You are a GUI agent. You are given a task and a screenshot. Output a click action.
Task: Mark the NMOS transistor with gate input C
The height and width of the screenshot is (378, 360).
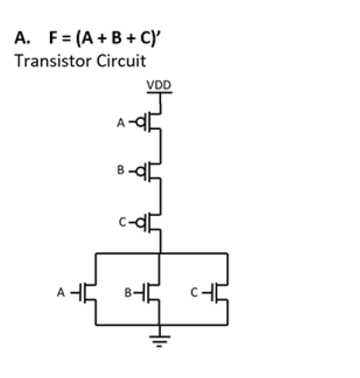pos(220,291)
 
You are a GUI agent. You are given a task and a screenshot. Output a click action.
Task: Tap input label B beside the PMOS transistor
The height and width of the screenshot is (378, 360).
pos(121,170)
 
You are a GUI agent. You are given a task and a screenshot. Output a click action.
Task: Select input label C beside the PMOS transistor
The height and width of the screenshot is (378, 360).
pos(121,223)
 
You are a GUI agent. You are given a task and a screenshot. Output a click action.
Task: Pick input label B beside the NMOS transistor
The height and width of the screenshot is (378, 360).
pos(129,290)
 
